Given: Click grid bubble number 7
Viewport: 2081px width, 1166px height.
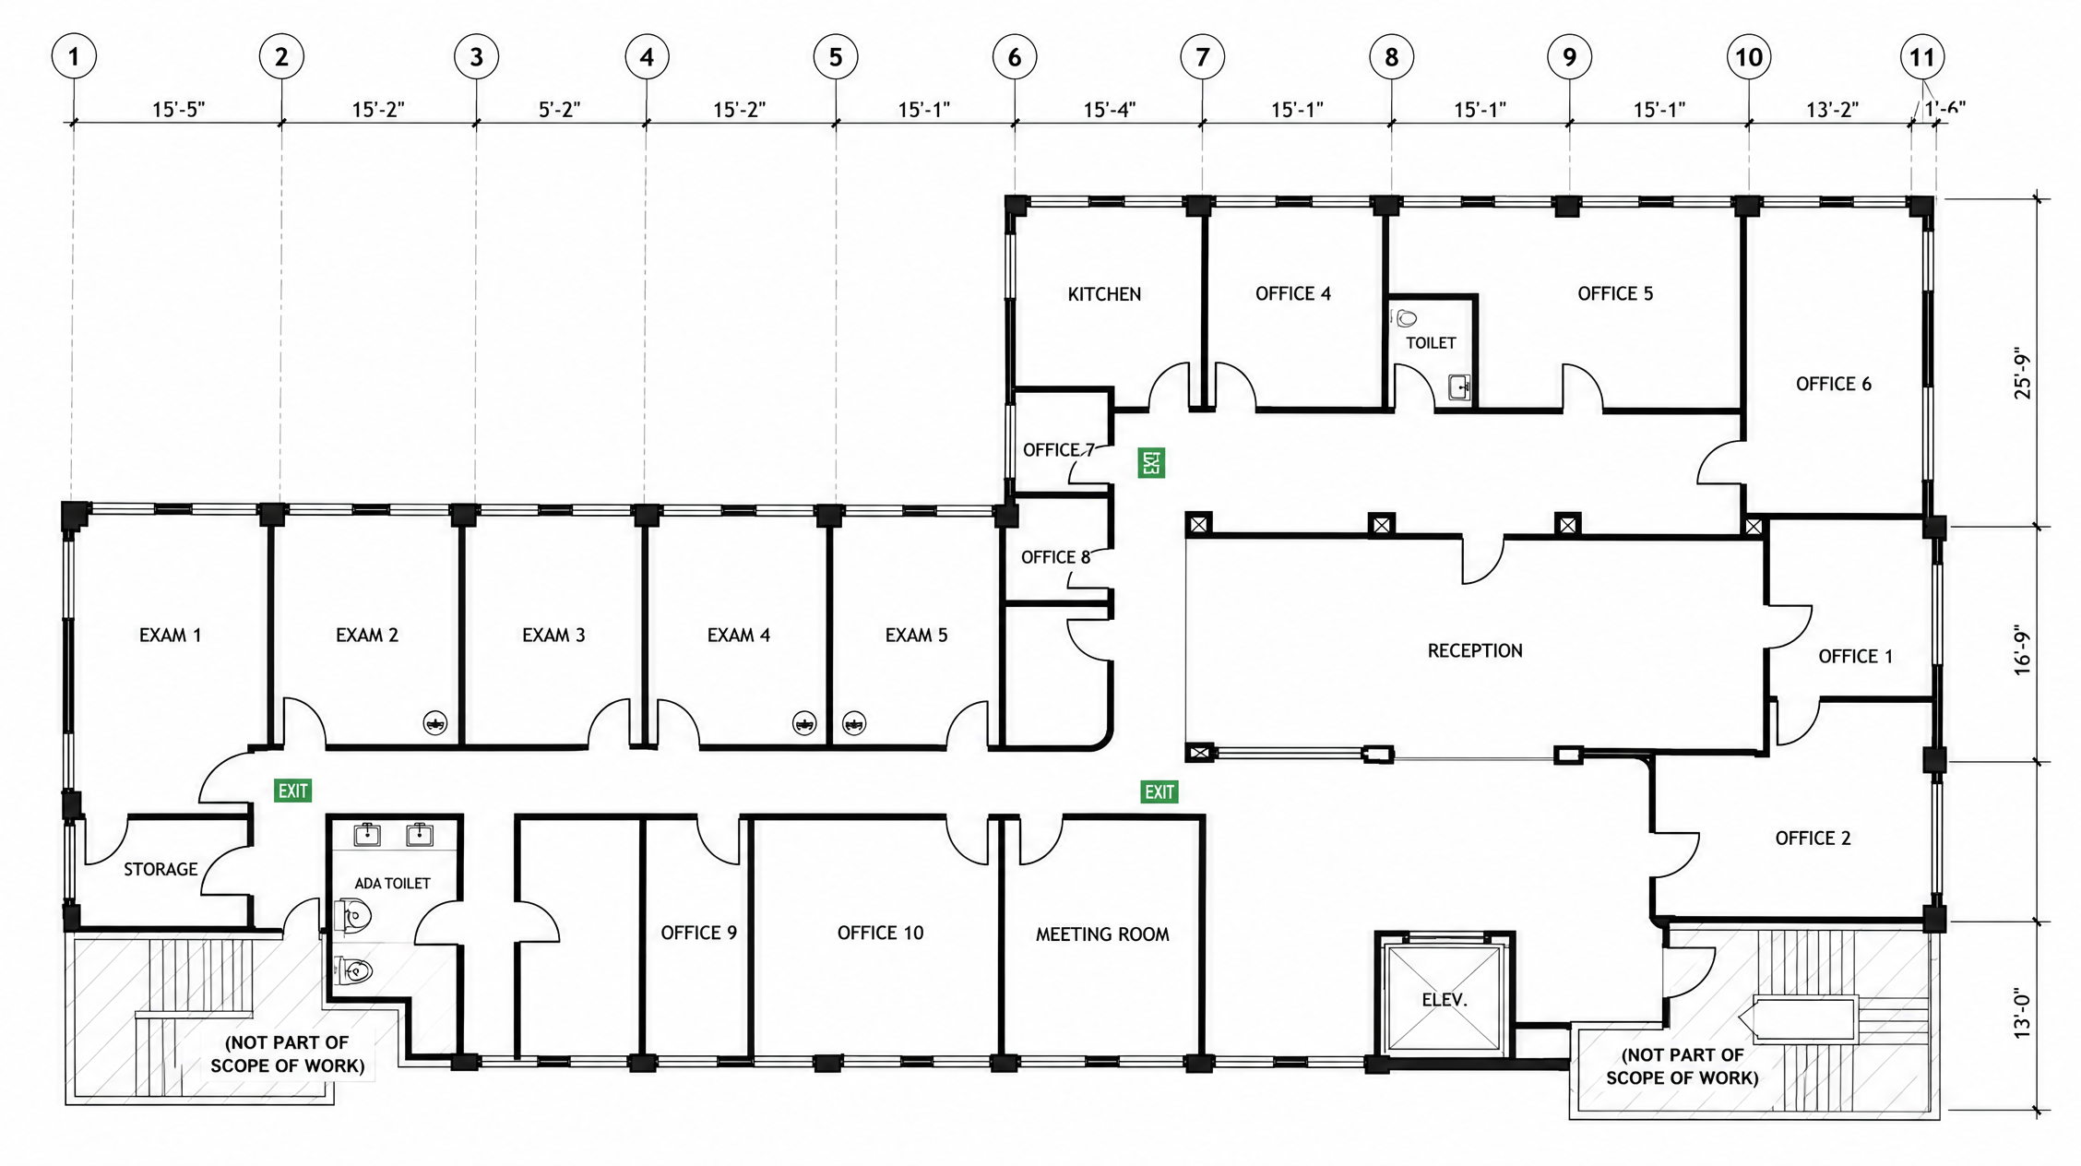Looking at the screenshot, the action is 1202,57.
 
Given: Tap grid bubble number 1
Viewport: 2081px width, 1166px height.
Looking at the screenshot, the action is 74,57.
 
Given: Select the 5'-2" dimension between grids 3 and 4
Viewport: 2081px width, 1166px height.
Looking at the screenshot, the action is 560,110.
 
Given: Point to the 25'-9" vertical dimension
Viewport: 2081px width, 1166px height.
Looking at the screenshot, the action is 2022,374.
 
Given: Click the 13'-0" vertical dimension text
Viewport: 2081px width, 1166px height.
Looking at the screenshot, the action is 2022,1015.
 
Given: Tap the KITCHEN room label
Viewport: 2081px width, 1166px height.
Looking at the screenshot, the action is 1104,294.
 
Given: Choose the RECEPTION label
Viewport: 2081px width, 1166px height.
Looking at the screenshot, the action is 1475,651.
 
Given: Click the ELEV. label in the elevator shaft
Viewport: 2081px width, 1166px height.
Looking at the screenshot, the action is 1445,1000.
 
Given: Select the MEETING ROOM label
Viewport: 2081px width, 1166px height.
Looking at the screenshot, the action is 1102,934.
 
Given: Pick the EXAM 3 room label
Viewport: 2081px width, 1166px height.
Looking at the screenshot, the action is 553,636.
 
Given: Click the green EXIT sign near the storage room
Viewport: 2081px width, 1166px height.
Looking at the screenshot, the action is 293,791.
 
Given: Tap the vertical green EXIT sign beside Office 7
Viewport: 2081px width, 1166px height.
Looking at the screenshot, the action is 1151,462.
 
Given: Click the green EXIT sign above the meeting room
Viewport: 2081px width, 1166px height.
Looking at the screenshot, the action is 1159,791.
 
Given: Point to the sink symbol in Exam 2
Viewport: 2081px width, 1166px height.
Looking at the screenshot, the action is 435,722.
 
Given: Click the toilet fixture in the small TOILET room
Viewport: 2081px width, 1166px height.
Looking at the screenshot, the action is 1405,318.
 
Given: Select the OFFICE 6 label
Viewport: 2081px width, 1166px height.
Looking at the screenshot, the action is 1834,385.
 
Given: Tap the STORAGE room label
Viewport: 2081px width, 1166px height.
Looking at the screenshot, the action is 161,870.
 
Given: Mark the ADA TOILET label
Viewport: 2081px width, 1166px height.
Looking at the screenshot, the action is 392,884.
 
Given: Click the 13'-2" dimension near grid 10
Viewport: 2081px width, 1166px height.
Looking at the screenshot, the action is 1832,110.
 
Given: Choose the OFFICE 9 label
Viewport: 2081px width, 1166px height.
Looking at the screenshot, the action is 699,934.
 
